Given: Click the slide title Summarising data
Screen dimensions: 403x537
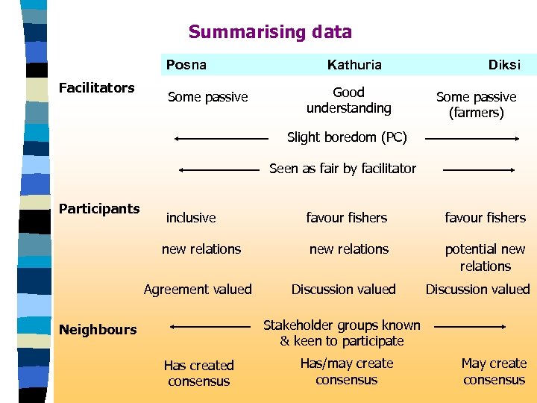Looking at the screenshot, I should point(270,32).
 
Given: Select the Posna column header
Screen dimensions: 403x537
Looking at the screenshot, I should point(186,65).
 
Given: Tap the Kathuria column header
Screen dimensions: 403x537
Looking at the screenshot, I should point(354,65).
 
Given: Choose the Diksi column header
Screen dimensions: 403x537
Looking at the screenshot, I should point(504,65).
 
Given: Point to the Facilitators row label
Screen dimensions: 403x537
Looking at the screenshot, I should point(96,88).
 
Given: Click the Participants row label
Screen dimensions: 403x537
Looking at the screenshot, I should point(99,208).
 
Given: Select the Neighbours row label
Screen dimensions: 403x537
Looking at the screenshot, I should point(98,329).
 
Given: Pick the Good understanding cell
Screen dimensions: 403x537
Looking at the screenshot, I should point(348,100).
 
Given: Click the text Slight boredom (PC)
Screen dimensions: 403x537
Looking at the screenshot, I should point(347,137).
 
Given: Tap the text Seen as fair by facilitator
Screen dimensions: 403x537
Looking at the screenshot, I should point(342,169).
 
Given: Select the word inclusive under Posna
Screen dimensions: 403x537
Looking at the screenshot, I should point(191,218).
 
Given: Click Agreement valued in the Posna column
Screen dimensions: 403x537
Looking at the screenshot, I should point(198,290).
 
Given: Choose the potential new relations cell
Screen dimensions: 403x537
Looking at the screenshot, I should point(485,257).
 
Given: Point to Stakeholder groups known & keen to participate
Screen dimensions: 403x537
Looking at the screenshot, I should point(342,333).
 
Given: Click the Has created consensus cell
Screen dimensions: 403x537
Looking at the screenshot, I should point(198,373).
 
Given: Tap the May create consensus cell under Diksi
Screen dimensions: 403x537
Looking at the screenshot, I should point(494,372).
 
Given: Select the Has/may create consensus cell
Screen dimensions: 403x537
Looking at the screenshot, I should point(346,372).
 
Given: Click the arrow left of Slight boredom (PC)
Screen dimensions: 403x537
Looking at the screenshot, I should point(220,138).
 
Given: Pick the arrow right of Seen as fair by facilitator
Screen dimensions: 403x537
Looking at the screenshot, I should point(479,170).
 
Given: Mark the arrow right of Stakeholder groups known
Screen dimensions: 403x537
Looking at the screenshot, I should point(470,327).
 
